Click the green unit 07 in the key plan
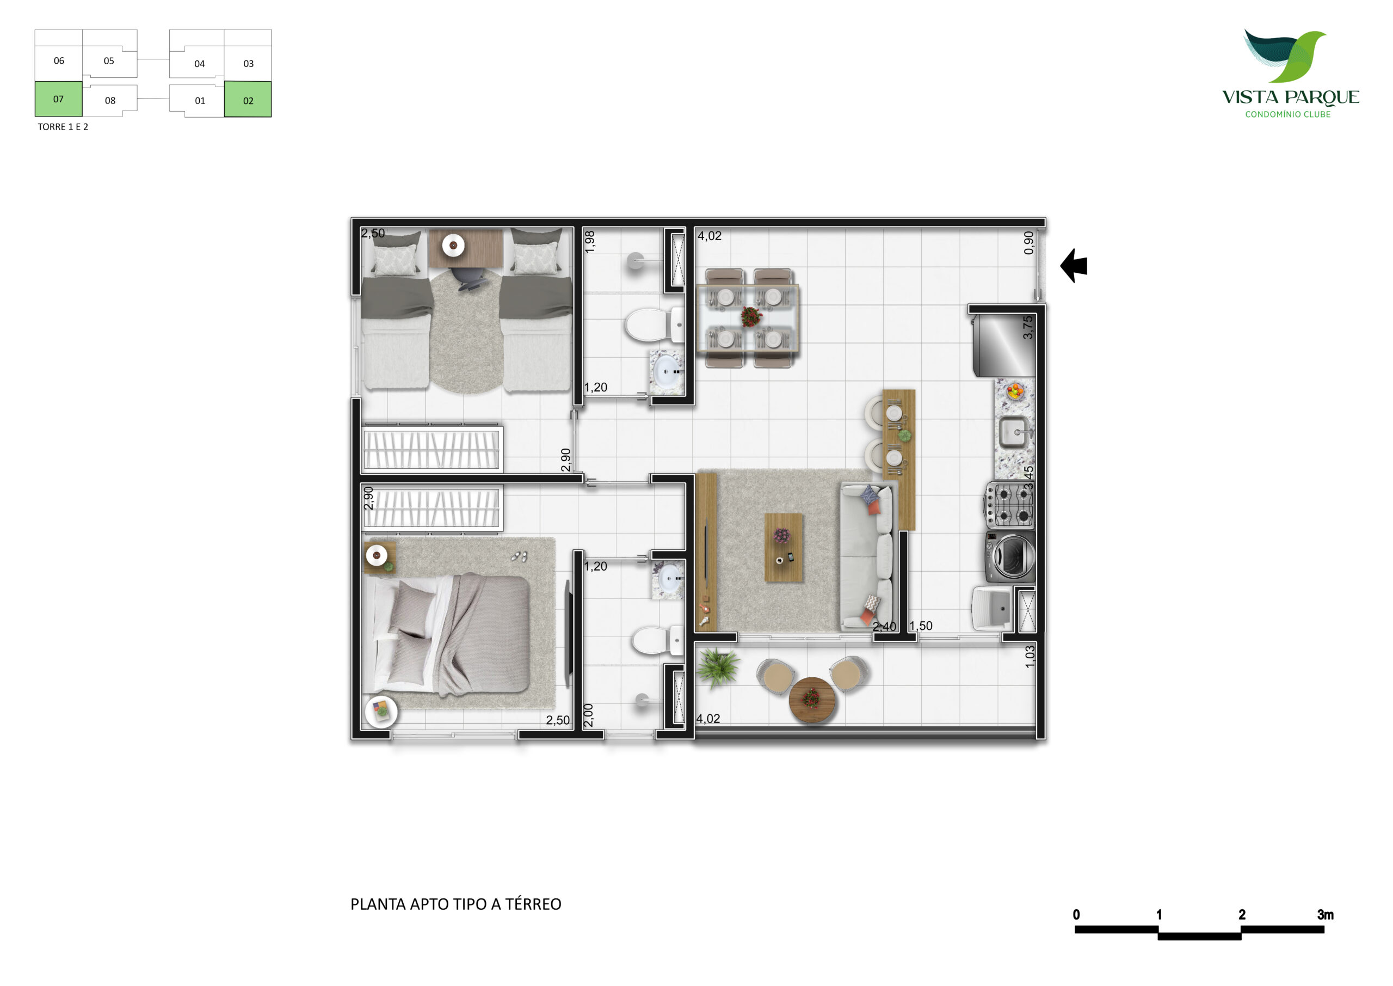[58, 99]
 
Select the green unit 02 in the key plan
[248, 99]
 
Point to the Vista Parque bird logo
[1284, 56]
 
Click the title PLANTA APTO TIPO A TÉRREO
[455, 904]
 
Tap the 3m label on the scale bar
[1325, 914]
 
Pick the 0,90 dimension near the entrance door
[1028, 243]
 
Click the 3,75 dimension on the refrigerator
[1027, 327]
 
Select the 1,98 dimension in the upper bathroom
[590, 242]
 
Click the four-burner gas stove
[1009, 505]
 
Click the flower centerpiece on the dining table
[751, 317]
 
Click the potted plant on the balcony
[717, 666]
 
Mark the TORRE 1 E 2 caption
[63, 127]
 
